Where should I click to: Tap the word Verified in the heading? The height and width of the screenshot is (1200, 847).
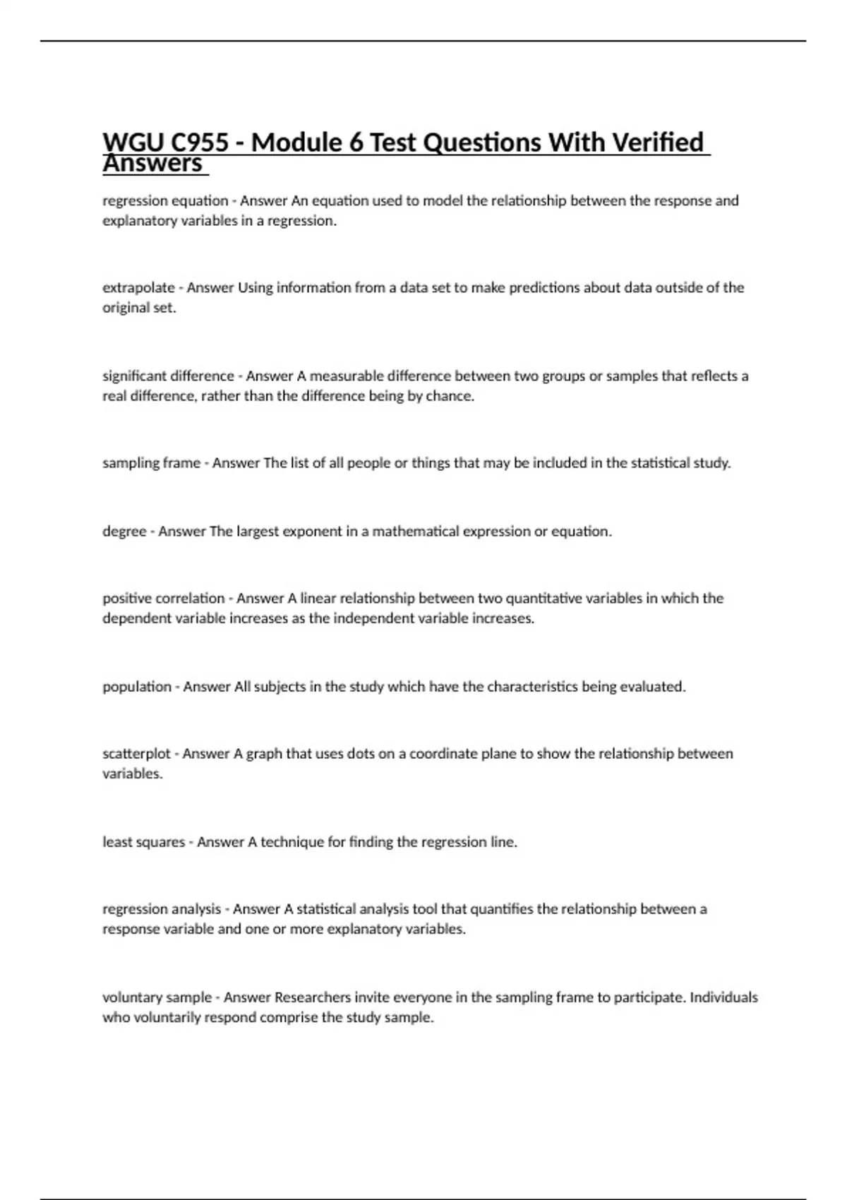[x=657, y=143]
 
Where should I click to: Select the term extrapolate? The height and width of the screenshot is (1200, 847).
[x=138, y=288]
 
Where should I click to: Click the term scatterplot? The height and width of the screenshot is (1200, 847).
[x=136, y=754]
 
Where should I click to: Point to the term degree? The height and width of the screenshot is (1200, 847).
[x=124, y=532]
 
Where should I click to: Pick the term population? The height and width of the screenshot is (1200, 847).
[x=137, y=687]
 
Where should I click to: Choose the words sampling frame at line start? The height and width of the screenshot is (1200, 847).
[x=151, y=464]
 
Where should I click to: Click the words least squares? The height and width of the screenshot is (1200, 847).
[x=143, y=842]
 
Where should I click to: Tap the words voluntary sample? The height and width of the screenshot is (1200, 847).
[x=157, y=997]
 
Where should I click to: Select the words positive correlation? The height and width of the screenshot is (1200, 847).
[x=163, y=599]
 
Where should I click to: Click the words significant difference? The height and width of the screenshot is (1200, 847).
[x=168, y=376]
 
